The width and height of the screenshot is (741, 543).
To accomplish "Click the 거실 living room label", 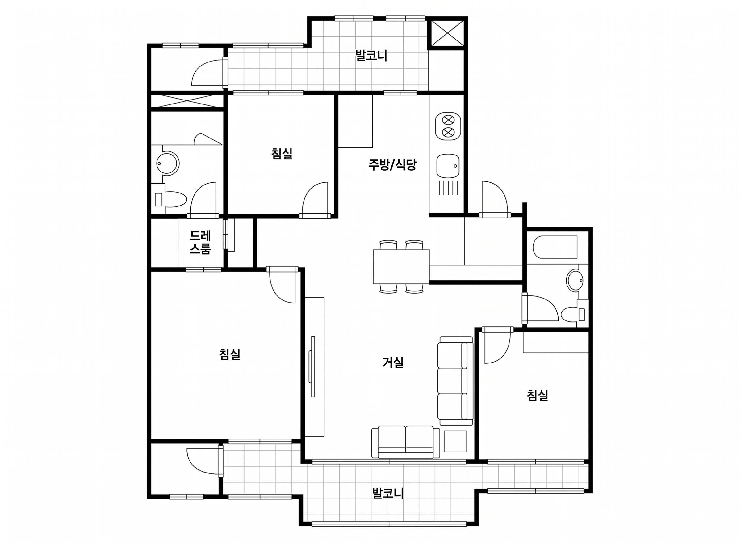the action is click(393, 362).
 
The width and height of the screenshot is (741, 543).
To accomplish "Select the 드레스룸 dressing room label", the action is click(200, 242).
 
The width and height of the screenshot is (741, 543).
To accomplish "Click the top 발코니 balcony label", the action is click(371, 56).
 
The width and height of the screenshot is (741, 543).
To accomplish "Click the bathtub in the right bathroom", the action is click(555, 248).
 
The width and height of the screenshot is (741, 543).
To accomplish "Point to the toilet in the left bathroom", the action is click(171, 200).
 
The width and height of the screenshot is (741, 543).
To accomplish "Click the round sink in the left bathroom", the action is click(168, 163).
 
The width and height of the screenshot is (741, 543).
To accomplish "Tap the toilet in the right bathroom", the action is click(573, 314).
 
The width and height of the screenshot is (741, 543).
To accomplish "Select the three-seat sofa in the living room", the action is click(455, 382).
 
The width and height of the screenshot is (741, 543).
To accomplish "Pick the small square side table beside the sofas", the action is click(455, 441).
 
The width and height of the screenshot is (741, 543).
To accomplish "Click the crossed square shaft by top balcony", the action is click(447, 33).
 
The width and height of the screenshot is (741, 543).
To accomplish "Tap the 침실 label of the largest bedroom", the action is click(230, 354).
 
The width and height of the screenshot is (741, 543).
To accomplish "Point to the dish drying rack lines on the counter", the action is click(448, 188).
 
